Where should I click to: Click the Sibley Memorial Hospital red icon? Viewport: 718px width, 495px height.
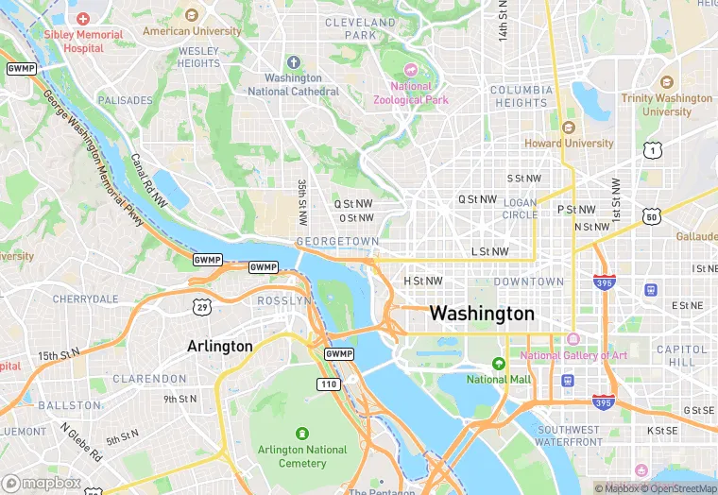(83, 18)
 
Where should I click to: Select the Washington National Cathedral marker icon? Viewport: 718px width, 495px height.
(293, 62)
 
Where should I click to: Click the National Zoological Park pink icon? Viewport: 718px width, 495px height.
(410, 70)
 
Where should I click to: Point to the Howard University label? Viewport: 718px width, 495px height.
(569, 144)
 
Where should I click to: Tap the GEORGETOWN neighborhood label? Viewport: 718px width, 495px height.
(337, 242)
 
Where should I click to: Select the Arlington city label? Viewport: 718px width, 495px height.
(220, 346)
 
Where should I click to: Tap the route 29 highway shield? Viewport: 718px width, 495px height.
(200, 307)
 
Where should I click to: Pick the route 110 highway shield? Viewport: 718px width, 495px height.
(328, 384)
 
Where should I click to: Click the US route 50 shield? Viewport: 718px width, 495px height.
(650, 216)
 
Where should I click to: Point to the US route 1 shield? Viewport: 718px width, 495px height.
(650, 150)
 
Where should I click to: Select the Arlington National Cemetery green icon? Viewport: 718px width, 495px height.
(301, 434)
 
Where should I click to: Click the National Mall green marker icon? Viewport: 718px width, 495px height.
(499, 364)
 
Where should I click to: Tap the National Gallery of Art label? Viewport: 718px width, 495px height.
(573, 355)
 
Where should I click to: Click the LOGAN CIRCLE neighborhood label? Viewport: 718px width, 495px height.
(520, 208)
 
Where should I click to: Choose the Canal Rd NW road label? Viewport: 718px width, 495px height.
(148, 181)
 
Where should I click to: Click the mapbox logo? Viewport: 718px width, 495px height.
(43, 483)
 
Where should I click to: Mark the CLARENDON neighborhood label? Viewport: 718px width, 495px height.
(149, 379)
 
